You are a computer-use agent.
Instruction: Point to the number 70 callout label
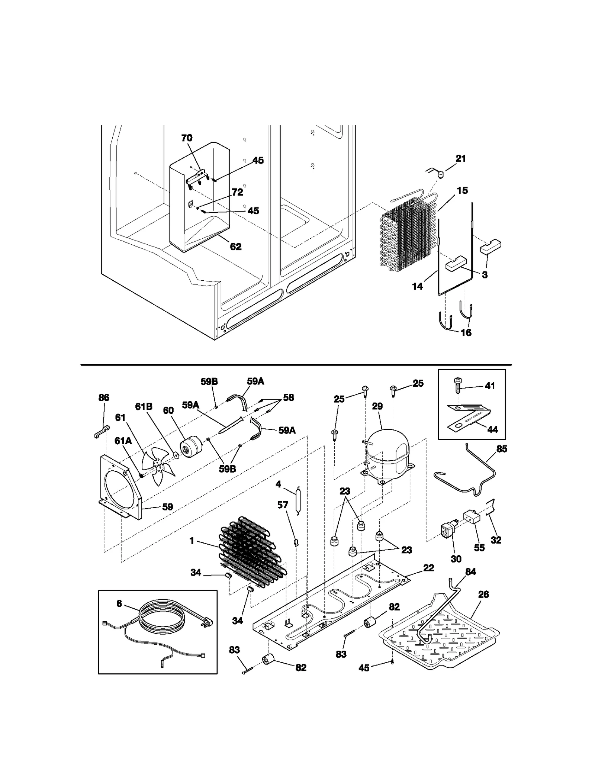click(187, 138)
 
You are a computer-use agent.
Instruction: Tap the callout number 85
click(502, 449)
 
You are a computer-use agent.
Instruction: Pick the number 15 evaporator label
click(462, 191)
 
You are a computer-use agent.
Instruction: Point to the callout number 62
click(236, 247)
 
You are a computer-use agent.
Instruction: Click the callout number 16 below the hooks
click(466, 332)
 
